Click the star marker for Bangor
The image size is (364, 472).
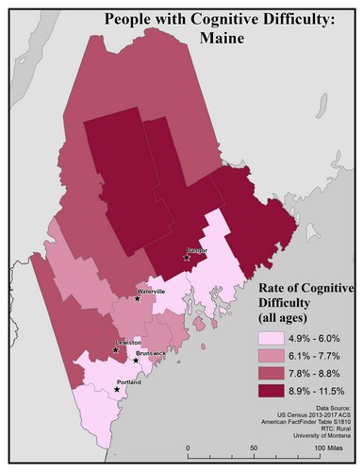coord(187,257)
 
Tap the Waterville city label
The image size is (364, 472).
coord(152,293)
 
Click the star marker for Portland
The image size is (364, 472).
coord(117,387)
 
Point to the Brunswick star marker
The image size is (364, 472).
coord(136,361)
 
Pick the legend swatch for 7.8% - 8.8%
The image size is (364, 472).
coord(273,373)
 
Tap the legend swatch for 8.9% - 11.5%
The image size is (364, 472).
coord(273,391)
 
